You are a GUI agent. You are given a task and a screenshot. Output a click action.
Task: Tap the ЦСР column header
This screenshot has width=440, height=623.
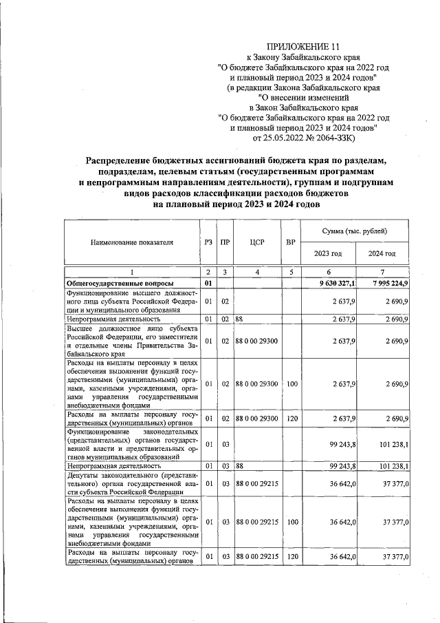[258, 242]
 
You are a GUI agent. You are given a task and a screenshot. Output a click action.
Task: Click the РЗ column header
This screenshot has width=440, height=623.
[208, 242]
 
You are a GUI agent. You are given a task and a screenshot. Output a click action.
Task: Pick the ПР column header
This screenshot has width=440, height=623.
[225, 242]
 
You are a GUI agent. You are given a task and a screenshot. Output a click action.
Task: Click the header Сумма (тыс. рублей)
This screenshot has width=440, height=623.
[355, 229]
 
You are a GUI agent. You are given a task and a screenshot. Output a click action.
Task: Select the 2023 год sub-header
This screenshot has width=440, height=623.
[328, 253]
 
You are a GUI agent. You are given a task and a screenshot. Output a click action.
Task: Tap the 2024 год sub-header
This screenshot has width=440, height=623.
[382, 253]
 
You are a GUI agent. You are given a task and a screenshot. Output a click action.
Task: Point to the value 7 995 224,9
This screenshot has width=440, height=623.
[390, 284]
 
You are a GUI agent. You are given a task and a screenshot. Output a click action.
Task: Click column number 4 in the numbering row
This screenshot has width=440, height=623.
[258, 273]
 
